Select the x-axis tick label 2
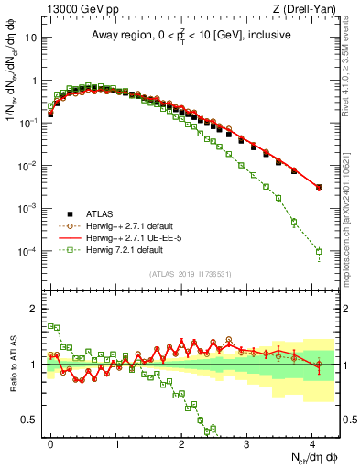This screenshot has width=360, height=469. tap(182, 442)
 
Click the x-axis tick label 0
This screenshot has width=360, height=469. tap(51, 442)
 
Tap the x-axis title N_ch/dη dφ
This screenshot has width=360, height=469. tap(311, 458)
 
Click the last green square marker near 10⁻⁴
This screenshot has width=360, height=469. tap(319, 252)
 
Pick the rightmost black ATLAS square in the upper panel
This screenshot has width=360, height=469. tap(319, 187)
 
